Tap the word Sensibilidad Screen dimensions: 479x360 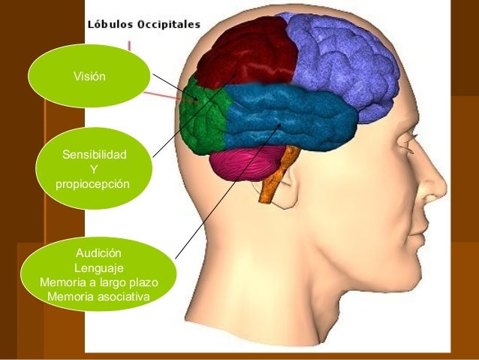point(94,156)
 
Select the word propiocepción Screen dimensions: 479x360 point(93,184)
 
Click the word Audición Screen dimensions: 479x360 point(99,254)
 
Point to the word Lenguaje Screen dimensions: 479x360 point(99,268)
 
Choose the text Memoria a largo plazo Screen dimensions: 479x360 point(99,283)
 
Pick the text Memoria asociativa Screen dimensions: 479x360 point(98,297)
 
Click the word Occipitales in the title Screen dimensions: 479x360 point(167,24)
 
